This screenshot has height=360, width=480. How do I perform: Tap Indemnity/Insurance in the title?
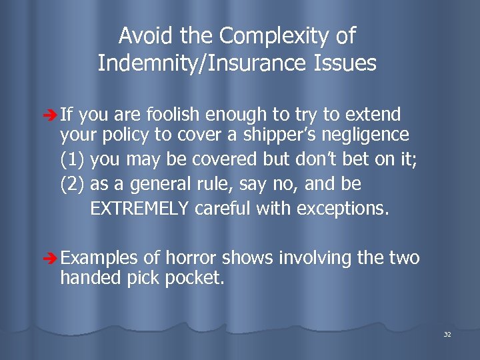(x=206, y=64)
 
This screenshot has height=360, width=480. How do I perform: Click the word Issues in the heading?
(x=347, y=64)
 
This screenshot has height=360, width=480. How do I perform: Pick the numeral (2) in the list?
(x=73, y=184)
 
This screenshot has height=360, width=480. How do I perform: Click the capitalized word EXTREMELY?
(x=140, y=209)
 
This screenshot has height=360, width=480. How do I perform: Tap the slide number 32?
(x=447, y=334)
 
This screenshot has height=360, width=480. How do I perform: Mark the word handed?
(x=86, y=277)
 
